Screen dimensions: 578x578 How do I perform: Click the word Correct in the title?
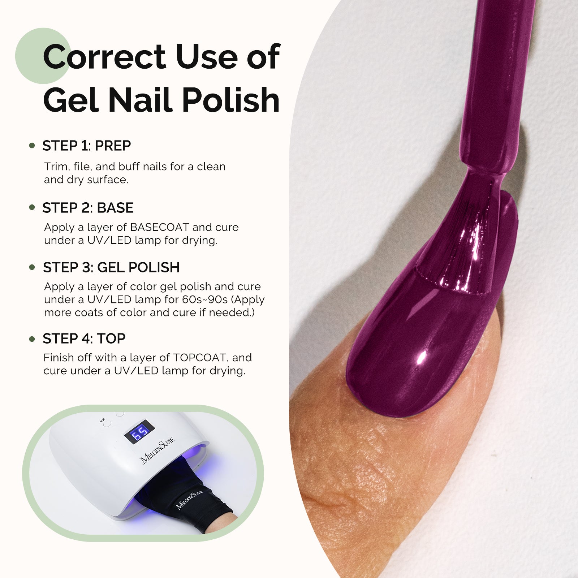point(104,57)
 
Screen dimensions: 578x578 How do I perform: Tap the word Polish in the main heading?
point(231,100)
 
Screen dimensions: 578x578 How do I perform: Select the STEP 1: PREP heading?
point(86,146)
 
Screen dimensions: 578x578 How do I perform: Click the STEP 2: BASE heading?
point(88,208)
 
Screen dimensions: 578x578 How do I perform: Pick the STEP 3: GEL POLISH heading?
point(111,268)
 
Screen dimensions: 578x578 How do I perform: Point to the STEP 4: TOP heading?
point(84,339)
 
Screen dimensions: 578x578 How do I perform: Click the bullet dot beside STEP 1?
point(32,146)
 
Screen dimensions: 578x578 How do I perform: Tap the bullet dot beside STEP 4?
point(32,339)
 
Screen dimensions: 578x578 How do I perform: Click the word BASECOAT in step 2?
point(159,228)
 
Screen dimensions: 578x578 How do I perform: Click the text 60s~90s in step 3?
point(205,300)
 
